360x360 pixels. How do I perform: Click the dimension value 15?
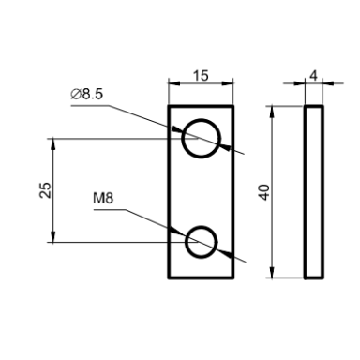coord(201,76)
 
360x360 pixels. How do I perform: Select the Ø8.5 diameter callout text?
coord(86,94)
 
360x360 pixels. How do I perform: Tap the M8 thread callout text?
coord(103,198)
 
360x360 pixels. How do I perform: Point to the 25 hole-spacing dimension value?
coord(46,189)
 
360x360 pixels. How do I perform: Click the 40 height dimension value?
coord(264,192)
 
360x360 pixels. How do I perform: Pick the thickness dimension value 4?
coord(313,76)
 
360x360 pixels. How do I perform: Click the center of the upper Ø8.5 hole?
coord(202,138)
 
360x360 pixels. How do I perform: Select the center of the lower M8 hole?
coord(201,242)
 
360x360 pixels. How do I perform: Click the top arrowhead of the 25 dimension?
coord(53,143)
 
